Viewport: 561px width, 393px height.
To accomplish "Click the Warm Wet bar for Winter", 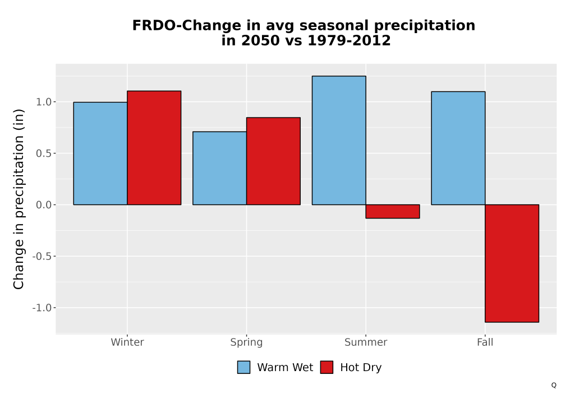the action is (x=100, y=153).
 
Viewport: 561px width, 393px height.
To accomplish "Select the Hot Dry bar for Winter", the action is (x=154, y=148).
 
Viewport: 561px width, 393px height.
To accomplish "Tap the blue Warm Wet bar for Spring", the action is (x=220, y=168).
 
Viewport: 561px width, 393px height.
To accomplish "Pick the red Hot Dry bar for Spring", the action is (x=273, y=161).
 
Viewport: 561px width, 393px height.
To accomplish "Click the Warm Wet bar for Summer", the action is (x=339, y=140).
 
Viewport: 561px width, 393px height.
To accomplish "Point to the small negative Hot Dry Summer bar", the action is (x=393, y=212).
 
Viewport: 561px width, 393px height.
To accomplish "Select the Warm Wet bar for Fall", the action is (x=458, y=148).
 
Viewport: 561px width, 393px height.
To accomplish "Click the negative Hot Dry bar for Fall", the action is (x=512, y=263).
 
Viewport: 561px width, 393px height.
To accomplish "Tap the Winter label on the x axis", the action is (x=127, y=342).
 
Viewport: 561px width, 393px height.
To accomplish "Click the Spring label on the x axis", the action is (x=246, y=342).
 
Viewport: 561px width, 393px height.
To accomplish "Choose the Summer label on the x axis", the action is (x=366, y=342).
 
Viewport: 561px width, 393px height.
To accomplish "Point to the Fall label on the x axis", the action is (x=485, y=342).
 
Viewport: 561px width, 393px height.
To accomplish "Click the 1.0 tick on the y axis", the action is (x=44, y=102).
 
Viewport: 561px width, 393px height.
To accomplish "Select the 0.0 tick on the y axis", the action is (x=44, y=205).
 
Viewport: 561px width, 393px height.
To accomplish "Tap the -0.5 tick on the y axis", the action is (x=42, y=256).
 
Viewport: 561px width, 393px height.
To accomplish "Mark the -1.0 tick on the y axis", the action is (x=42, y=308).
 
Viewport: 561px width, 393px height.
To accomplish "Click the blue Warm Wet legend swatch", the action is (x=243, y=367).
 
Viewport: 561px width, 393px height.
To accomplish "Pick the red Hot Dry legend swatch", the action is (x=327, y=367).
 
